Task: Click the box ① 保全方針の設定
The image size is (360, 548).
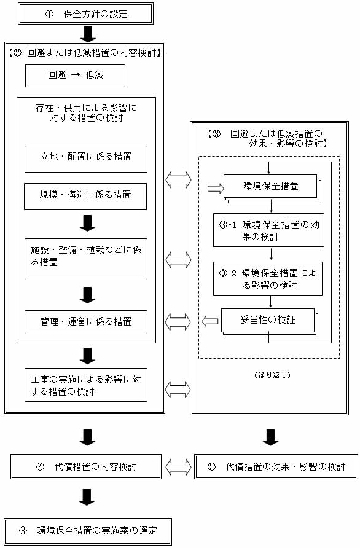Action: pyautogui.click(x=85, y=14)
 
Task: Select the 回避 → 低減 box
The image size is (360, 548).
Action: pyautogui.click(x=75, y=75)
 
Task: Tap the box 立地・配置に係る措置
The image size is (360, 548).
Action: pyautogui.click(x=86, y=159)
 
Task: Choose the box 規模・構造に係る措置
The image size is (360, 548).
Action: pyautogui.click(x=85, y=197)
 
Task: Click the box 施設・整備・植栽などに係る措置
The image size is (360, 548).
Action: pyautogui.click(x=86, y=259)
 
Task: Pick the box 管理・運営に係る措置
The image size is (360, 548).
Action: pyautogui.click(x=86, y=322)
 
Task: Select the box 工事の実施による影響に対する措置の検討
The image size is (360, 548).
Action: pyautogui.click(x=86, y=385)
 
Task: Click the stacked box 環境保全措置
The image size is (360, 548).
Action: pyautogui.click(x=272, y=189)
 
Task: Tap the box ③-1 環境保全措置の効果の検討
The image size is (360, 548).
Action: pyautogui.click(x=269, y=230)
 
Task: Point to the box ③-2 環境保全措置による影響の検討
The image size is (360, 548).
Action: pyautogui.click(x=268, y=278)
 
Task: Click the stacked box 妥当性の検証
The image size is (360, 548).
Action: pyautogui.click(x=270, y=323)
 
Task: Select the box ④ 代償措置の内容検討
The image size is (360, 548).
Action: pyautogui.click(x=86, y=466)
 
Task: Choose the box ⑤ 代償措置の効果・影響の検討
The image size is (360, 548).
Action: pyautogui.click(x=276, y=466)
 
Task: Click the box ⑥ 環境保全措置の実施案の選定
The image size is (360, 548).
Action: pyautogui.click(x=88, y=531)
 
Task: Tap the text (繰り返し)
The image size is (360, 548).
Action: pyautogui.click(x=272, y=375)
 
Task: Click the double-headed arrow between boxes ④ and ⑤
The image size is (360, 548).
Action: pyautogui.click(x=178, y=466)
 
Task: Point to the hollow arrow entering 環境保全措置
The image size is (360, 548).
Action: pyautogui.click(x=216, y=189)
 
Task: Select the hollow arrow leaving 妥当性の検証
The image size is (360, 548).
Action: pyautogui.click(x=210, y=321)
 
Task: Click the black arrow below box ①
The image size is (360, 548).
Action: pyautogui.click(x=87, y=34)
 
